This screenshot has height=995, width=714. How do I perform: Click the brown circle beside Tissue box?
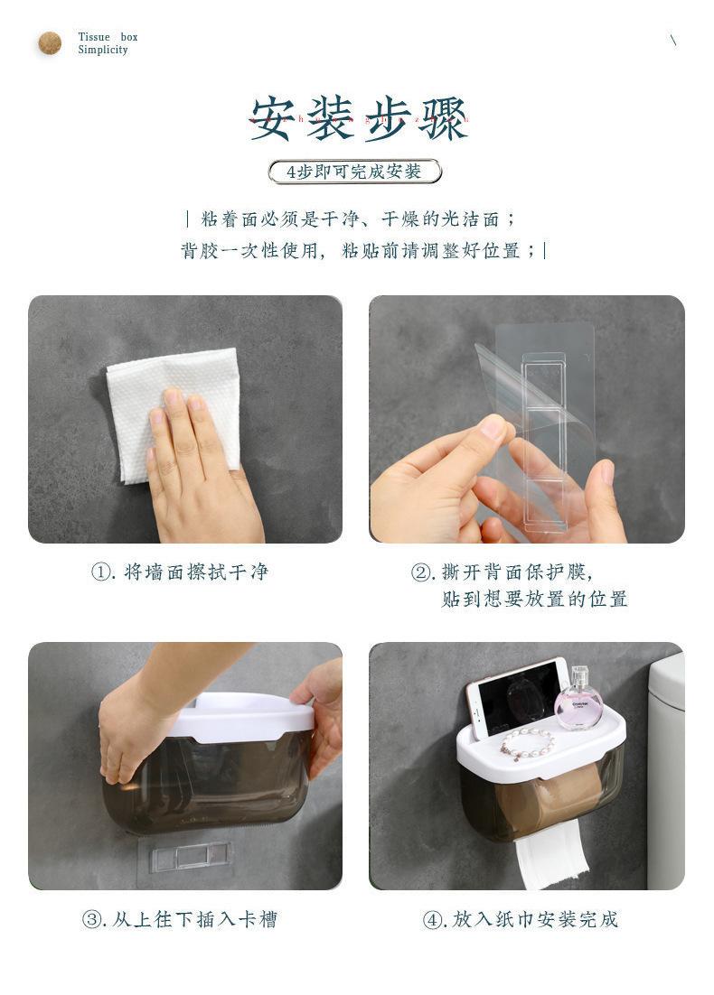pos(50,43)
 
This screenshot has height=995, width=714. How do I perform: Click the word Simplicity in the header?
pos(103,50)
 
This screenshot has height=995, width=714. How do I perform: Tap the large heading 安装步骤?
pos(359,118)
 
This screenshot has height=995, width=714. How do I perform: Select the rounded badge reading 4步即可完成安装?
pos(355,172)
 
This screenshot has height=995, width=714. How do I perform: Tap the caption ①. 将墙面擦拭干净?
pos(180,572)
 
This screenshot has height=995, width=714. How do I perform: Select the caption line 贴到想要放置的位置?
pos(534,599)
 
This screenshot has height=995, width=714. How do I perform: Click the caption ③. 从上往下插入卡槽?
pos(180,919)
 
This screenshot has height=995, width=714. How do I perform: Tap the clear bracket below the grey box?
pos(187,856)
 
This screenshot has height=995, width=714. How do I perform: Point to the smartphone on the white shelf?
pos(517,697)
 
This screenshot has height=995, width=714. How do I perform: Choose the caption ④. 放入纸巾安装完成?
pos(521,919)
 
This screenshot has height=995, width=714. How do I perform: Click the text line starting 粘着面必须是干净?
pos(351,219)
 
